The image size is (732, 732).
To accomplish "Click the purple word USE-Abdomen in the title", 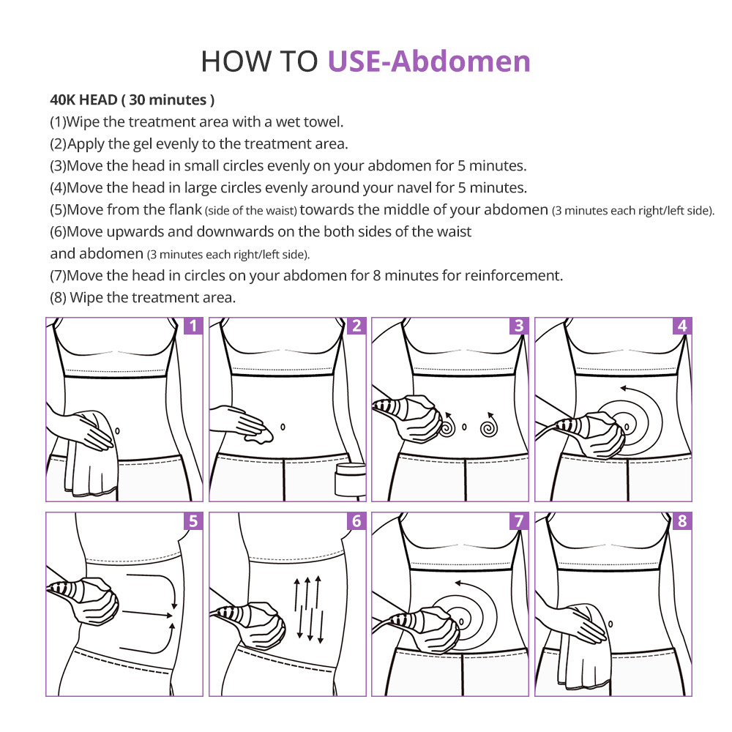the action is point(429,61).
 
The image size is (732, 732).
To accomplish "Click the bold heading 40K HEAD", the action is point(83,100).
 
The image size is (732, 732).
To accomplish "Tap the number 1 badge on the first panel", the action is point(194,326).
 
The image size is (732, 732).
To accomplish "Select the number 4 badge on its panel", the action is point(682,326).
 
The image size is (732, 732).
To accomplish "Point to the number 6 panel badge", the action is point(356,520).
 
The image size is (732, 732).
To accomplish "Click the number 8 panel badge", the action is point(682,520).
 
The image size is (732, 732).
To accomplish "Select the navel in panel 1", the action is point(117,430).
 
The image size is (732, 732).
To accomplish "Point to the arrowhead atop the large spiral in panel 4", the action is point(623,388).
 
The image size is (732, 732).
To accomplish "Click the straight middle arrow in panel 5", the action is point(148,613).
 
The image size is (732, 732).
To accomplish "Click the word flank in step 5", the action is point(185,209).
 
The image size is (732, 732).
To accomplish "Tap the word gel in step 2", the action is point(143,144).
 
